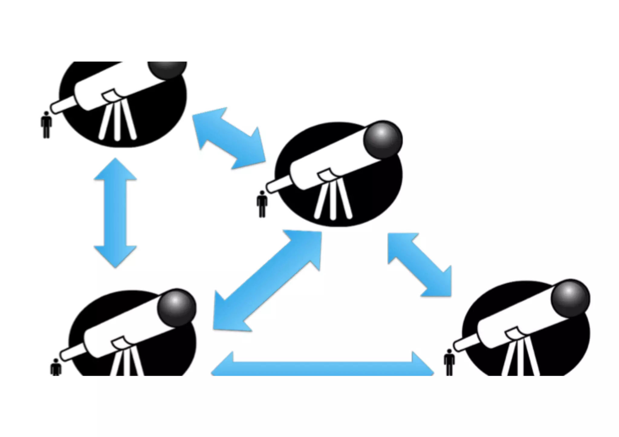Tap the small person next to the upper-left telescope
(x=46, y=124)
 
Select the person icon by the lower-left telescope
(x=56, y=367)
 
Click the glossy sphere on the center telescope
(x=383, y=140)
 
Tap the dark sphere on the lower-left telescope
(x=177, y=307)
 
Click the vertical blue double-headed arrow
(x=115, y=213)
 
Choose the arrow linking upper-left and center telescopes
(x=229, y=138)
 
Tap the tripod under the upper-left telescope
(x=117, y=121)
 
